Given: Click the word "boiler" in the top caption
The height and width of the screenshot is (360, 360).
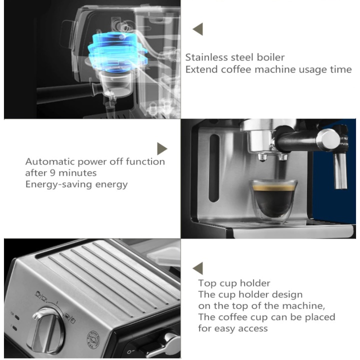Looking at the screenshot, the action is click(270, 57).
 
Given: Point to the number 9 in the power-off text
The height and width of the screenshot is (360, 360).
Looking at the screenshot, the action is click(52, 172).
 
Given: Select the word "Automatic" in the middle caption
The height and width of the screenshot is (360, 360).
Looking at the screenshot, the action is click(50, 161).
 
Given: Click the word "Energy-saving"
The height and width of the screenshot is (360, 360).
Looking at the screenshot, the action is click(59, 184).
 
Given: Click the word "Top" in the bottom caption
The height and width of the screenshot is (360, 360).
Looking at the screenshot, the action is click(207, 283).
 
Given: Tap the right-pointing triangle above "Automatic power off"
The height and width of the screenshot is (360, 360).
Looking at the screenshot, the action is click(162, 148).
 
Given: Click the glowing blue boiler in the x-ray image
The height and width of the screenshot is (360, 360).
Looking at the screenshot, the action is click(117, 51).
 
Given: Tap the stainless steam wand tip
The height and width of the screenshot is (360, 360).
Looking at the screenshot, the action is click(340, 171).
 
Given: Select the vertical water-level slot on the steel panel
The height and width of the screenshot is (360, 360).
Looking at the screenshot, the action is click(214, 168).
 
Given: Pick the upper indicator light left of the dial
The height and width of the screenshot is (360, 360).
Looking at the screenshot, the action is click(17, 317).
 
